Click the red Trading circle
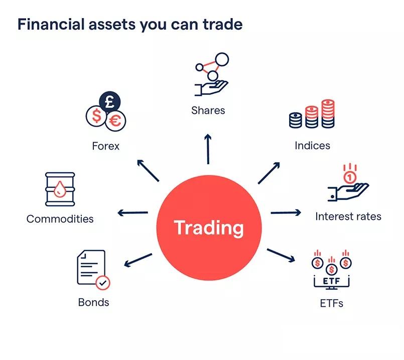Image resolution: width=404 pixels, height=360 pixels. click(x=209, y=227)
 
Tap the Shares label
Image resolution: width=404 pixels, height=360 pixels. click(x=208, y=110)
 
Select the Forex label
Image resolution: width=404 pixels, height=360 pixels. click(x=105, y=146)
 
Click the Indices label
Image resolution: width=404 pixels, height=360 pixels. click(x=312, y=146)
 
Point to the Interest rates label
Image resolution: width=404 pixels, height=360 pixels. click(x=348, y=216)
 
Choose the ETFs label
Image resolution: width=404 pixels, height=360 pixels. click(x=331, y=303)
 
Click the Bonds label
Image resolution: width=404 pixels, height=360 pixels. click(x=93, y=302)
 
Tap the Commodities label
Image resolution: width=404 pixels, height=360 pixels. click(x=60, y=219)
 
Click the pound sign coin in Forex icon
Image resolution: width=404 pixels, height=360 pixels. click(x=110, y=102)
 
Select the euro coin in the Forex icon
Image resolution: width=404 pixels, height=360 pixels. click(x=115, y=121)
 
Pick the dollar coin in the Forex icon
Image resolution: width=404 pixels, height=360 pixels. click(x=96, y=116)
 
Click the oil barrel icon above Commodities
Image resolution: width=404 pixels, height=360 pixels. click(x=60, y=189)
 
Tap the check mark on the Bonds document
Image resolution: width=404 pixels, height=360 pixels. click(x=103, y=283)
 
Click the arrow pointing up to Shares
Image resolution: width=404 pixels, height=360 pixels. click(x=208, y=149)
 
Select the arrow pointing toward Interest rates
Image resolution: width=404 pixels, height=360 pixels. click(x=286, y=212)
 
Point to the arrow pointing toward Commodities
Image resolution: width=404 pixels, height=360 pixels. click(x=132, y=213)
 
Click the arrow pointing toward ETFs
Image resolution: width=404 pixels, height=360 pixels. click(x=281, y=256)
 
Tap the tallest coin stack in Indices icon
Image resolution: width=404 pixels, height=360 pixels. click(x=328, y=113)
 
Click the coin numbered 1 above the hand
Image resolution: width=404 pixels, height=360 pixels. click(x=350, y=177)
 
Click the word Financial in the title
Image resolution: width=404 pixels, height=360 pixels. click(x=51, y=25)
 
